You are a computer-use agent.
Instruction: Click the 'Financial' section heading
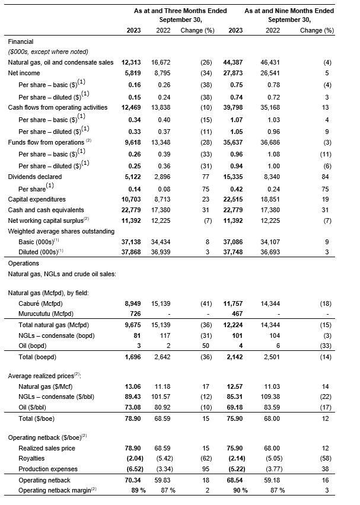coord(21,41)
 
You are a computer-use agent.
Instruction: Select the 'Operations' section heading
coord(24,263)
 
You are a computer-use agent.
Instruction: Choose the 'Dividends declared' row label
coord(33,176)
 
